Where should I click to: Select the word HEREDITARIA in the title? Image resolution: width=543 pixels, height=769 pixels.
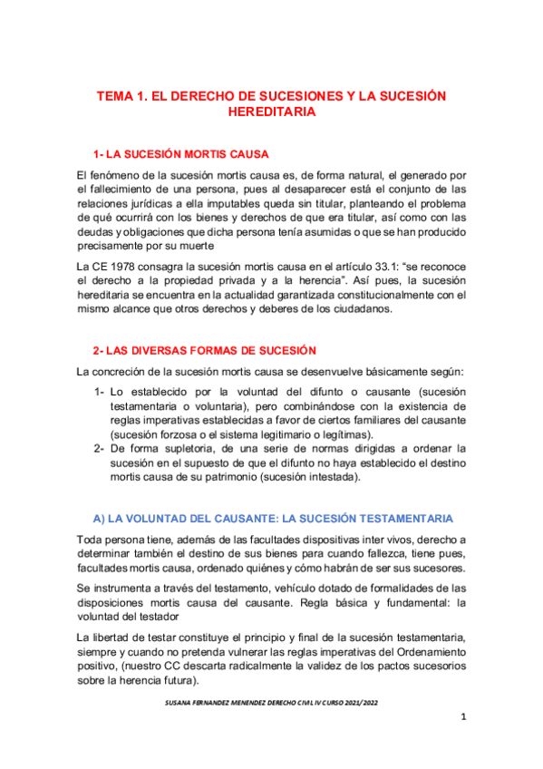[271, 112]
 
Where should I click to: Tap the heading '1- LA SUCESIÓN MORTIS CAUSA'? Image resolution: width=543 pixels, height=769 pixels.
[180, 153]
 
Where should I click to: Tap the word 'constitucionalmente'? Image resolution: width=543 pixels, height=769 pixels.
[369, 295]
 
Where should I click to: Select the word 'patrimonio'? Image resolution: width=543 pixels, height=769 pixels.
[238, 477]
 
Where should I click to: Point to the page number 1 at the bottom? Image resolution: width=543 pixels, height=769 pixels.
[462, 745]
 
